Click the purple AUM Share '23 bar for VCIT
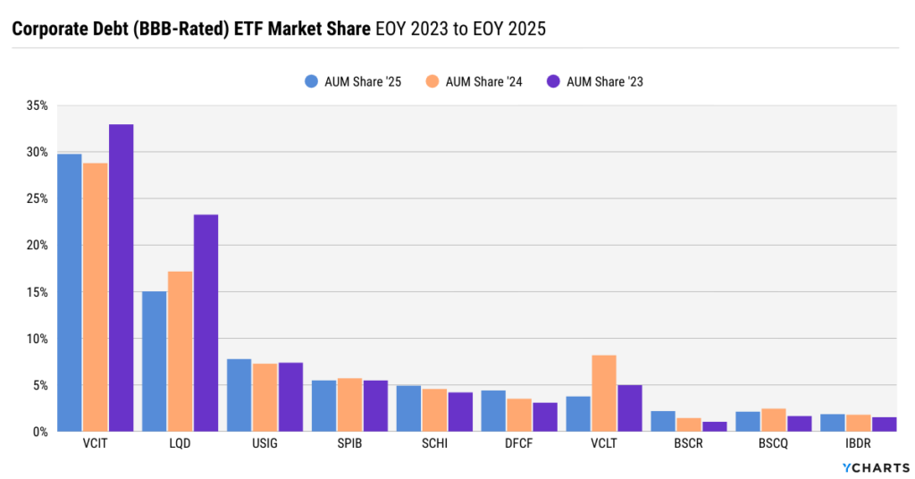click(x=121, y=278)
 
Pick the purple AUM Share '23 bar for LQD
click(x=206, y=323)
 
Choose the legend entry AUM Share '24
click(x=474, y=81)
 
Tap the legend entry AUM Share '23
click(x=595, y=81)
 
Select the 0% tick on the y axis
click(x=39, y=432)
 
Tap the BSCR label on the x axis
click(x=688, y=443)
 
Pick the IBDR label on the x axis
click(x=858, y=443)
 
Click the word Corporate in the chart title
click(x=48, y=29)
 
